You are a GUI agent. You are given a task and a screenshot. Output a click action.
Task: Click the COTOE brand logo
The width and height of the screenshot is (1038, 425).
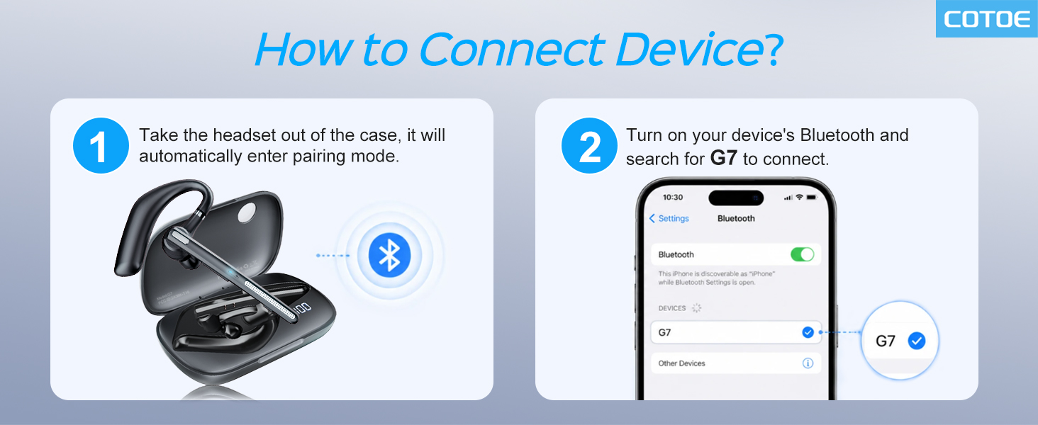[987, 19]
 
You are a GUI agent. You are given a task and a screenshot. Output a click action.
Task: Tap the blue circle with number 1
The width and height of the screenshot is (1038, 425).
[101, 145]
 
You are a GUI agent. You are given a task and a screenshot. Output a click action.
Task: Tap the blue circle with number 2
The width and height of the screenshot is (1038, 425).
[589, 145]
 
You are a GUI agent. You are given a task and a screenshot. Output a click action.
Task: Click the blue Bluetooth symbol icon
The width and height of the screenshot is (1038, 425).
[389, 255]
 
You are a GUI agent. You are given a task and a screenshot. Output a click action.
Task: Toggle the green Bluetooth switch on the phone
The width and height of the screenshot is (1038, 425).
[802, 254]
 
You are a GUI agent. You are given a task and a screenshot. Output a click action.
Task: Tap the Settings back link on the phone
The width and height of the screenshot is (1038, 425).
[669, 218]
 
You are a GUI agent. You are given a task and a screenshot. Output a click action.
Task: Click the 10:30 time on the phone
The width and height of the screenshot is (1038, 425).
[672, 197]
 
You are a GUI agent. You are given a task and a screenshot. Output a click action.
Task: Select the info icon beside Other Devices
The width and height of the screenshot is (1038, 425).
[808, 363]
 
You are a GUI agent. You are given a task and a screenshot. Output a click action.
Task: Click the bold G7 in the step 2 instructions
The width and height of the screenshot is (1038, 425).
[723, 159]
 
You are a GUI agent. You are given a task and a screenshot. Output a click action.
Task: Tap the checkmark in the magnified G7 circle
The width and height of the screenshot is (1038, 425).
[916, 341]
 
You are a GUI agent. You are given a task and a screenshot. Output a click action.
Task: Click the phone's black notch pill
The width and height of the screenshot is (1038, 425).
[736, 198]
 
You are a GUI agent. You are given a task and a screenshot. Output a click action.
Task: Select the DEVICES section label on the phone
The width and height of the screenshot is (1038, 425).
[672, 308]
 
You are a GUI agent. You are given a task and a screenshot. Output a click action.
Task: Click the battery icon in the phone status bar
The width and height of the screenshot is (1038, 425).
[811, 197]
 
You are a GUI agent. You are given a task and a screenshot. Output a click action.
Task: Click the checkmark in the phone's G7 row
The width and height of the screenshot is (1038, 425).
[808, 332]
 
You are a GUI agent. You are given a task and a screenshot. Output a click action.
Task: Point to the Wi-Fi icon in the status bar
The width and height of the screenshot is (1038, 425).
[799, 197]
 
